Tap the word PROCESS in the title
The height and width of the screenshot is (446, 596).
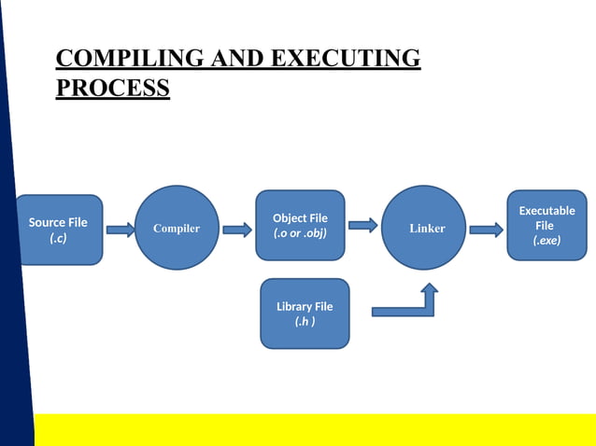click(x=113, y=89)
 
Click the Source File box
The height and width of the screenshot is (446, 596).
click(x=59, y=230)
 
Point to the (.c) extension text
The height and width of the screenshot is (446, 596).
click(x=58, y=239)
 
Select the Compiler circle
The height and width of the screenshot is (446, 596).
click(x=177, y=229)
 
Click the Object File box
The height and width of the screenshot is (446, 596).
click(x=300, y=226)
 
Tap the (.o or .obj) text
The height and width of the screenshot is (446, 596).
click(x=300, y=233)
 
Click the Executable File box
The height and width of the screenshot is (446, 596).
click(x=546, y=226)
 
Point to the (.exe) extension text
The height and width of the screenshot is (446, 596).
click(x=546, y=241)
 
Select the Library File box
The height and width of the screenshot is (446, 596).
click(x=305, y=314)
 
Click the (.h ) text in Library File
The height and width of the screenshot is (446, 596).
click(x=305, y=322)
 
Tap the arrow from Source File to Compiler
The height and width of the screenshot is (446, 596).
click(x=121, y=230)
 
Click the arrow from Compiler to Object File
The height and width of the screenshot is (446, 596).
click(x=236, y=230)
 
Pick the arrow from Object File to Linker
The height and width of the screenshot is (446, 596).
click(x=362, y=225)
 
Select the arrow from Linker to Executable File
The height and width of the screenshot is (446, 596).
click(x=486, y=230)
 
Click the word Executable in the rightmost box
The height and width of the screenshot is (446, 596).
click(x=546, y=211)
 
